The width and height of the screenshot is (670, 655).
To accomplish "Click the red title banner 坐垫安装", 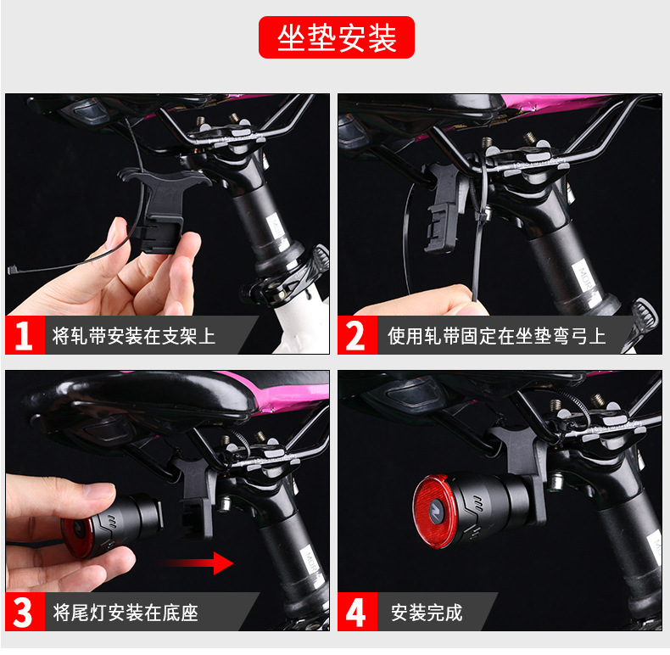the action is (x=337, y=37).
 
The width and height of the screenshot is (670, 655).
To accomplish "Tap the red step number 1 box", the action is (x=25, y=335).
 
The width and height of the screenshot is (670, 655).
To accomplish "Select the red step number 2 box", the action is (x=357, y=335).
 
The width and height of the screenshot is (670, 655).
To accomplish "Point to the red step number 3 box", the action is (x=25, y=612).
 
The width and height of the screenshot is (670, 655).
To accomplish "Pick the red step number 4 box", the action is (x=357, y=612).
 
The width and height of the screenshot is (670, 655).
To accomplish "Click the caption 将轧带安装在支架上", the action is (x=133, y=336).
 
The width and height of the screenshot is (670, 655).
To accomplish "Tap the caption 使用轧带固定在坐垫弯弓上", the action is (x=496, y=336).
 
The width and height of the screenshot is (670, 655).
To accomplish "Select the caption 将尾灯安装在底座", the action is (x=126, y=613).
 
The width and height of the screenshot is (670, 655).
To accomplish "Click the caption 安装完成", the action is (x=427, y=613).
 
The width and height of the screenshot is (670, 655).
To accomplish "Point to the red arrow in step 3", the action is (x=197, y=563).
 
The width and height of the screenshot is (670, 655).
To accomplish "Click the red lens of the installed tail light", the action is (x=432, y=512).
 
